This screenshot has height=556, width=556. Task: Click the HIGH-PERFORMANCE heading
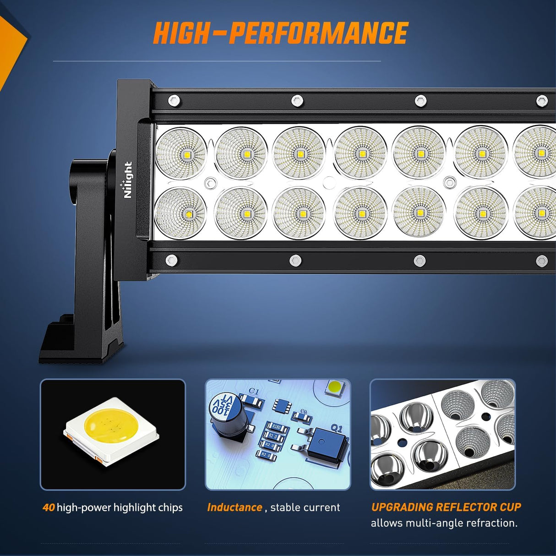280,33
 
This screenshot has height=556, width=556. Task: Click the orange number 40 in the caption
49,507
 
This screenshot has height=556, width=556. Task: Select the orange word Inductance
234,507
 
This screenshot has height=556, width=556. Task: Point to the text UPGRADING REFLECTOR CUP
446,507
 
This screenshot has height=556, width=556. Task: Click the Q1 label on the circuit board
336,429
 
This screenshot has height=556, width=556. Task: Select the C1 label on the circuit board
254,392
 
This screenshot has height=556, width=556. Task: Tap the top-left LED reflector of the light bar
181,153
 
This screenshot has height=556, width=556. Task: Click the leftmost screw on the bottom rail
171,260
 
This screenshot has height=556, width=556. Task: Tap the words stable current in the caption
305,507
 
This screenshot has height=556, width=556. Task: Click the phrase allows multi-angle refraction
444,523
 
